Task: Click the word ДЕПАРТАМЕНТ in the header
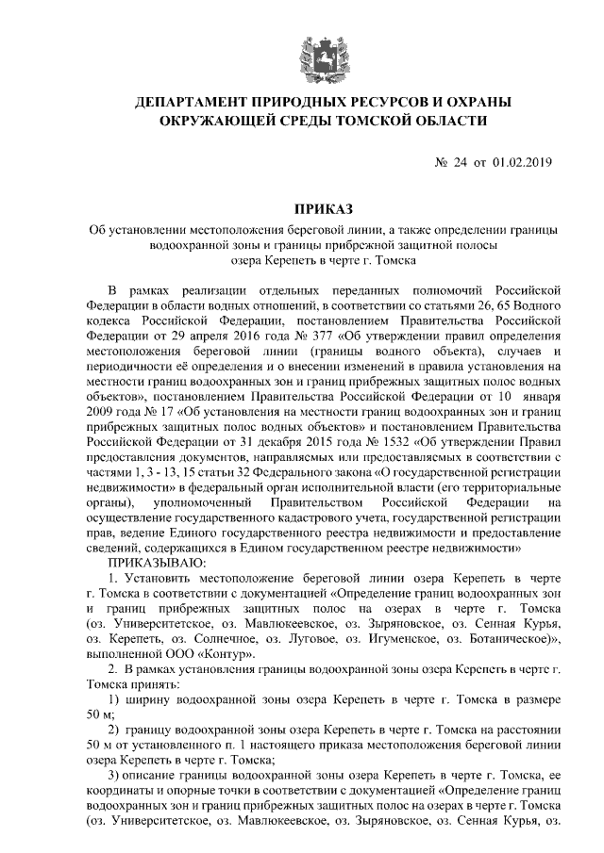[195, 101]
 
